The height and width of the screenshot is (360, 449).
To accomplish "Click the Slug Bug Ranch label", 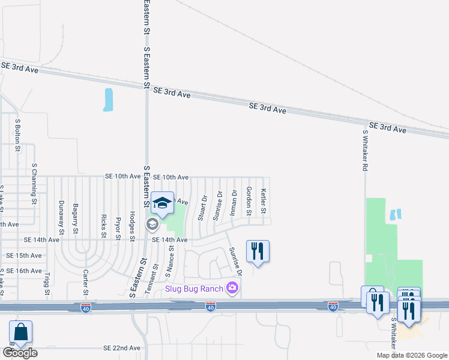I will pos(194,289).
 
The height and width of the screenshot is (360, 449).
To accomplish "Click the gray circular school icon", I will pos(152,224).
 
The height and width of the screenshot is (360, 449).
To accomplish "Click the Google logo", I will pos(20,352).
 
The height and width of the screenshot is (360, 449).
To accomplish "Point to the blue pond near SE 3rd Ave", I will pos(108,100).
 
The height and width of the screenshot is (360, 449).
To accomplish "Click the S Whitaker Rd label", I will pos(364,150).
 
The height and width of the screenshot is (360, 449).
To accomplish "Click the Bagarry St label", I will pos(76,218).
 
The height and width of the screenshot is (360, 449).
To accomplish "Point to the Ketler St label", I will pos(263,202).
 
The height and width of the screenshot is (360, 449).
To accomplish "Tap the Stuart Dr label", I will pos(203,207).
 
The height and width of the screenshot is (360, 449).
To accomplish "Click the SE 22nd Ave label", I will pos(122,348).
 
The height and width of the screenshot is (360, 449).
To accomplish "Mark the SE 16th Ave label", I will pos(24,271).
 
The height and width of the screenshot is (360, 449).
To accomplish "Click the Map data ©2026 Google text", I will pos(411,355).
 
